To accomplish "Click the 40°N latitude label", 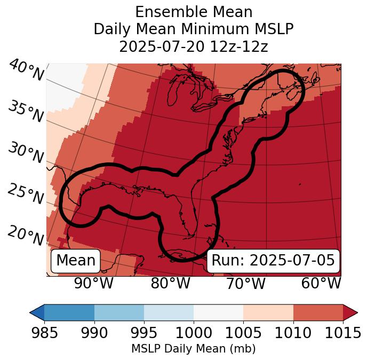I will pos(26,71).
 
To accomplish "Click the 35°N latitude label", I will pos(26,112).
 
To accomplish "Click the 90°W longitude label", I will pos(93,283).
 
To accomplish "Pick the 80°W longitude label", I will pos(170,283).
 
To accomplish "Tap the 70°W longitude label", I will pos(245,283).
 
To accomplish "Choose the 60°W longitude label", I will pos(321,283).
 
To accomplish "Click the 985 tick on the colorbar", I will pos(44,333).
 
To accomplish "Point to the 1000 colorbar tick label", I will pos(193,333).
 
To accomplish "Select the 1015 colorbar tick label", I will pos(342,333).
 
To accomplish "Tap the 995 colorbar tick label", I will pos(143,333).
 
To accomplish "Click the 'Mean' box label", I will pos(76,261).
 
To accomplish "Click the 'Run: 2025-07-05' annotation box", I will pos(273,261).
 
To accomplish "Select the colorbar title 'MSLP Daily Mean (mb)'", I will pos(193,349).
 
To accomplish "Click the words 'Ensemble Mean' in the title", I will pos(194,12).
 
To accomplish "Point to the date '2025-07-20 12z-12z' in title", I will pos(194,46).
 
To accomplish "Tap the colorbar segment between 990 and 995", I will pos(119,312).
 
